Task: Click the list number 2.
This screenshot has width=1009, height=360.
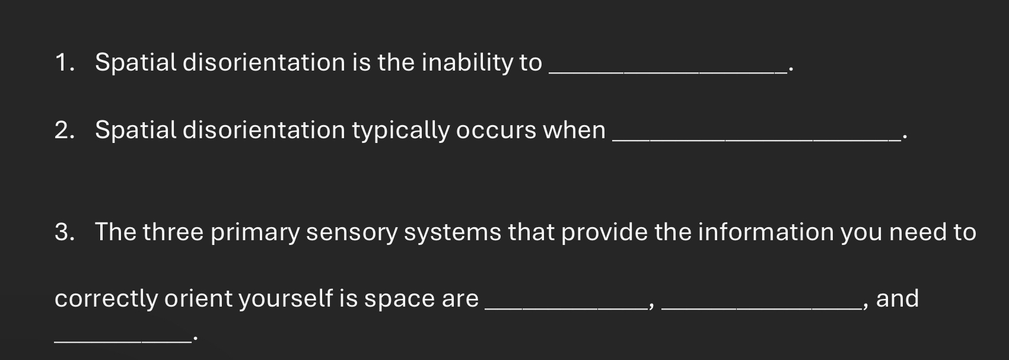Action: (x=65, y=130)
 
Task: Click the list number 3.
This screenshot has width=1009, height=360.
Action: (x=65, y=232)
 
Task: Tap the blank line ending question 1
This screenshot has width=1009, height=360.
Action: (x=668, y=72)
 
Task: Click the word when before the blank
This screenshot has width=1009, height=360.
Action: (x=574, y=130)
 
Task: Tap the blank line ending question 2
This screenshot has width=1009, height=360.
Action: (x=757, y=140)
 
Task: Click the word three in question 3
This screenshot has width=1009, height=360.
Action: (x=173, y=231)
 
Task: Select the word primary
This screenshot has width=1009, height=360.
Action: (x=255, y=232)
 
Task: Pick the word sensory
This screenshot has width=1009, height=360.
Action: (x=352, y=234)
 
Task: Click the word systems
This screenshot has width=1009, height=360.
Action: (x=452, y=234)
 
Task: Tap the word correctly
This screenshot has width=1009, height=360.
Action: (x=106, y=299)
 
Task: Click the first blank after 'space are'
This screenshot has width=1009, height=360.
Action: (x=566, y=308)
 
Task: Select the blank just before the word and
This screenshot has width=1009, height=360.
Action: (x=761, y=308)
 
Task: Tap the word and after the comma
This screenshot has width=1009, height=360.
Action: (x=897, y=299)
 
